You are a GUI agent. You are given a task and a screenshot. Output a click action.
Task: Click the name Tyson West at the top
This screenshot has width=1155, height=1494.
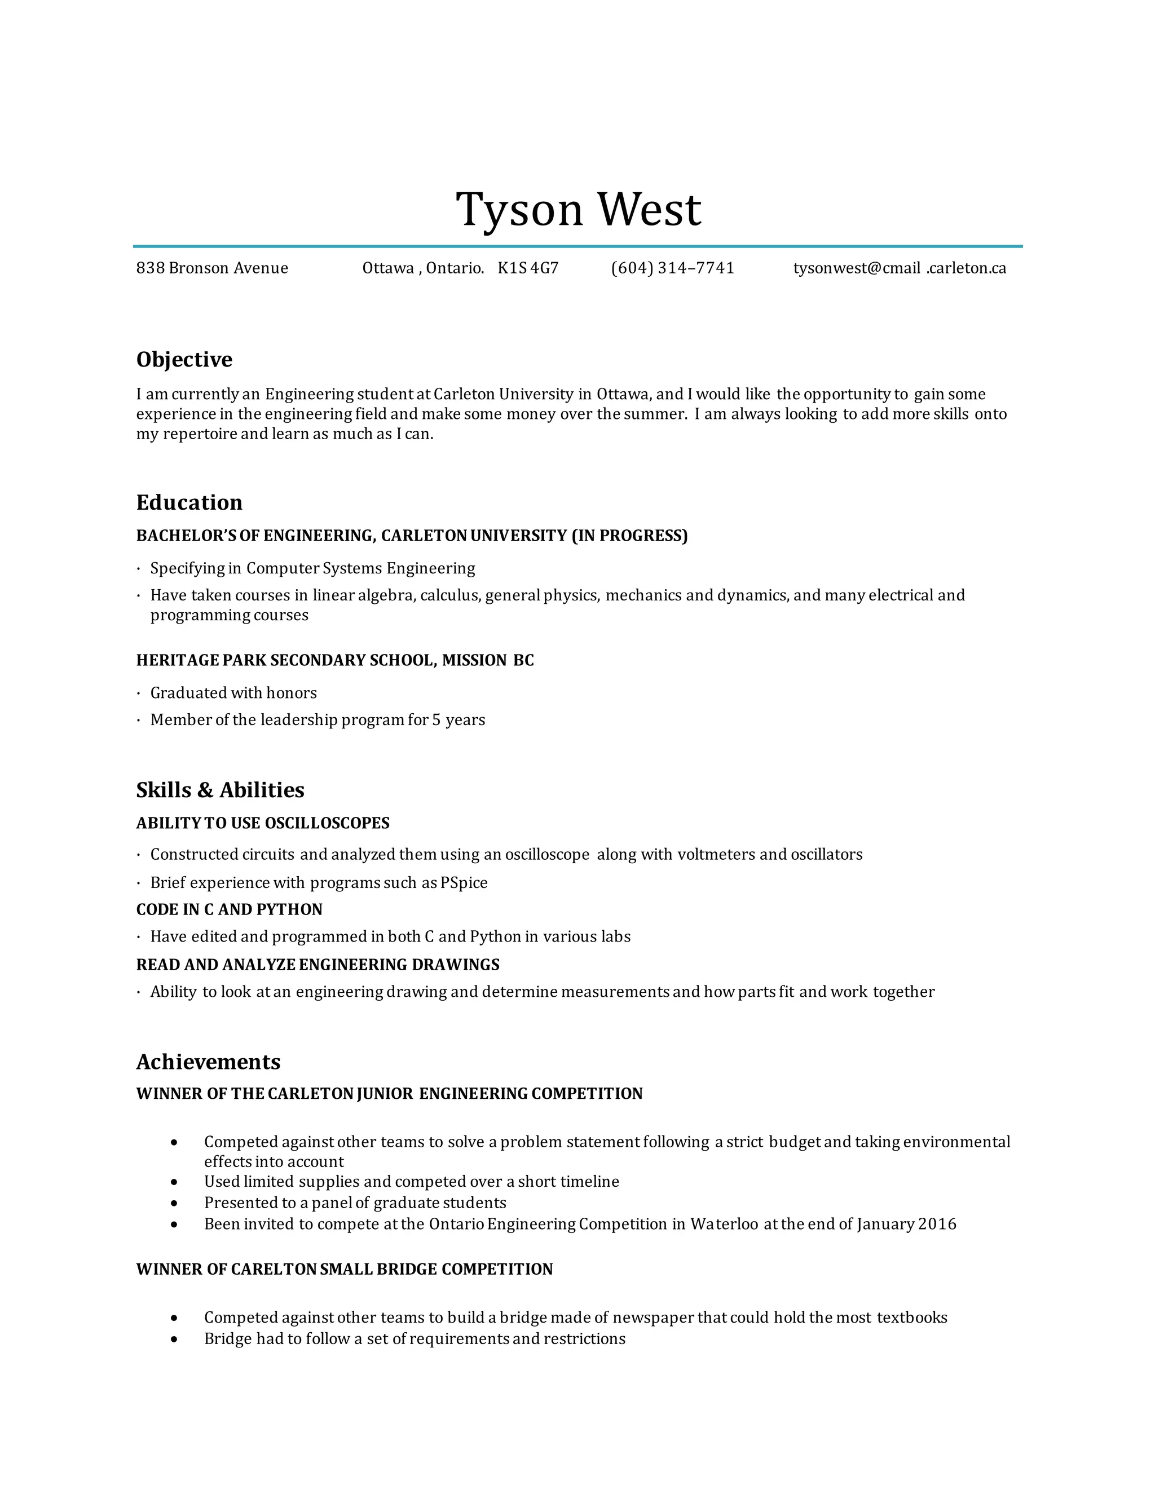pos(578,209)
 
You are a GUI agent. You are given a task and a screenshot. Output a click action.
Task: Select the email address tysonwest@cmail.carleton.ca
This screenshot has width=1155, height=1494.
pos(899,268)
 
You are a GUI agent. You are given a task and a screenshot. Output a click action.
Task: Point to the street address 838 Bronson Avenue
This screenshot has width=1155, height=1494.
pos(212,268)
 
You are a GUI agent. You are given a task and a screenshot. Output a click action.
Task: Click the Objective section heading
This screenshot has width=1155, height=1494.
pos(184,359)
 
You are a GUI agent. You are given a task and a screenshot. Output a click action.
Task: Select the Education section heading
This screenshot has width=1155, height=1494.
pos(189,502)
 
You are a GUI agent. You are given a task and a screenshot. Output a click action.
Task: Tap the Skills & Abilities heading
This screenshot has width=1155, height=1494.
pos(219,789)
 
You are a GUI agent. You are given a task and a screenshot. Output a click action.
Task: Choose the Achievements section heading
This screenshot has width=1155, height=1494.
pos(208,1062)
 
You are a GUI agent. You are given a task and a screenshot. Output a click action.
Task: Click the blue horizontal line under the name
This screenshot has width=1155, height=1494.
pos(577,246)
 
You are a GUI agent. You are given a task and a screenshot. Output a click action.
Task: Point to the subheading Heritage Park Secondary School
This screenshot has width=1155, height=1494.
pos(334,660)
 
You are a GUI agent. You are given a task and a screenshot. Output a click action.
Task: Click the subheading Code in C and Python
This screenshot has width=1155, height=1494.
pos(229,909)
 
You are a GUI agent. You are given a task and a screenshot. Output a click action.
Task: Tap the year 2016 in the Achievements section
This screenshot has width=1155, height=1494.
pos(937,1224)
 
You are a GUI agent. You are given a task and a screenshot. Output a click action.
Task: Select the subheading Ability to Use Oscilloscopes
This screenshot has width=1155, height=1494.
pos(263,823)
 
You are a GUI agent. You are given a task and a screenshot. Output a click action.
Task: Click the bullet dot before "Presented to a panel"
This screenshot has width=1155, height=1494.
pos(175,1203)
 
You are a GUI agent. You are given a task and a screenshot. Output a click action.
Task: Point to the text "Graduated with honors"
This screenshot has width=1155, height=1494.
pos(233,693)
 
